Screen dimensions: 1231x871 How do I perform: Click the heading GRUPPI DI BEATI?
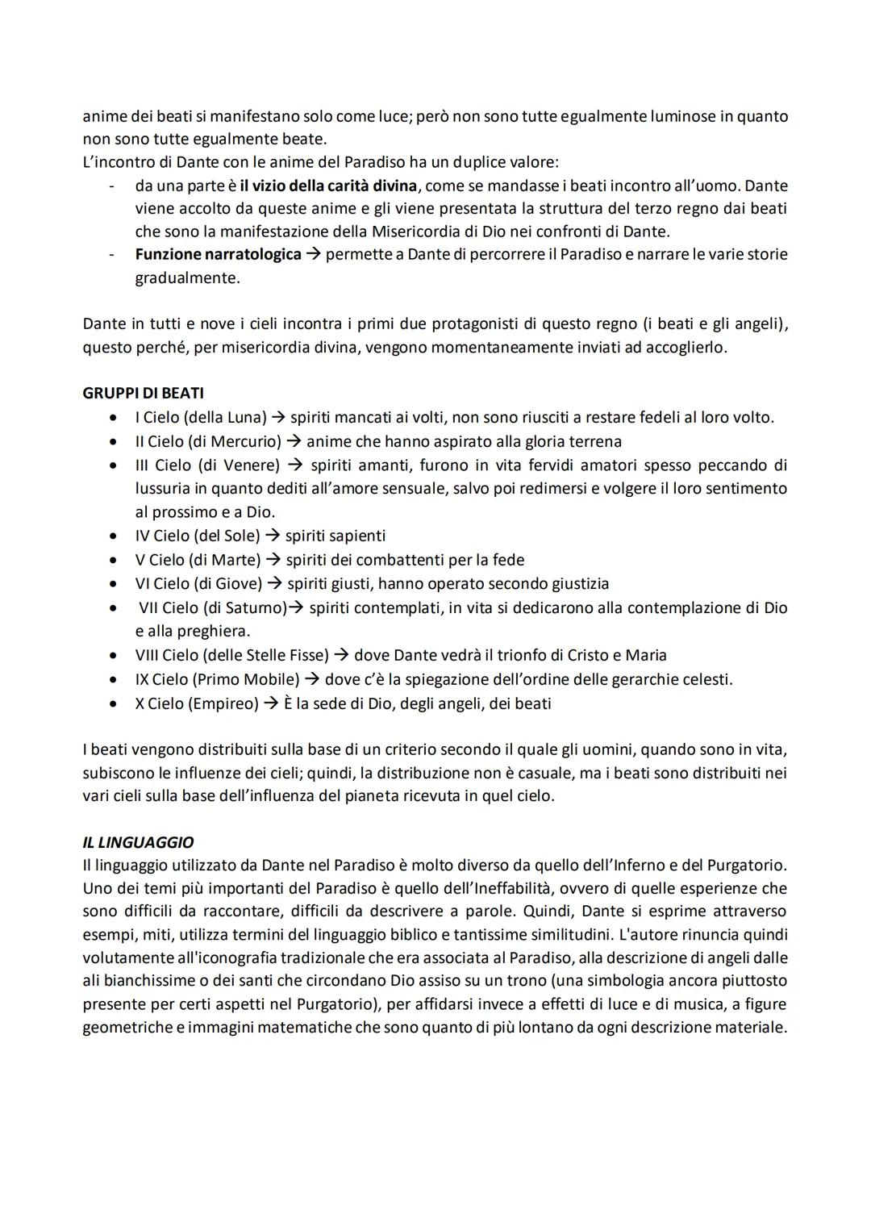pos(143,394)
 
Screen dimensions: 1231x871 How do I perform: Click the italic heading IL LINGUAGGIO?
pos(138,842)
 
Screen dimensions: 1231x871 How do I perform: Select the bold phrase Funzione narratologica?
pos(218,255)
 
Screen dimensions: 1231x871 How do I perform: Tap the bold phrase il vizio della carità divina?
pos(328,186)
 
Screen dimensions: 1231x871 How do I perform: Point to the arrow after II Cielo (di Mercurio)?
pos(294,442)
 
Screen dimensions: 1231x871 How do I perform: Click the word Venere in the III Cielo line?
pos(252,465)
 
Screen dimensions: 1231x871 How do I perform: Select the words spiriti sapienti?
pos(335,536)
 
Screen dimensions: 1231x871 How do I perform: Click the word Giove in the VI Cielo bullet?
pos(236,583)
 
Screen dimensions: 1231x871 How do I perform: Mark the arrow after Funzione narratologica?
pos(313,255)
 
